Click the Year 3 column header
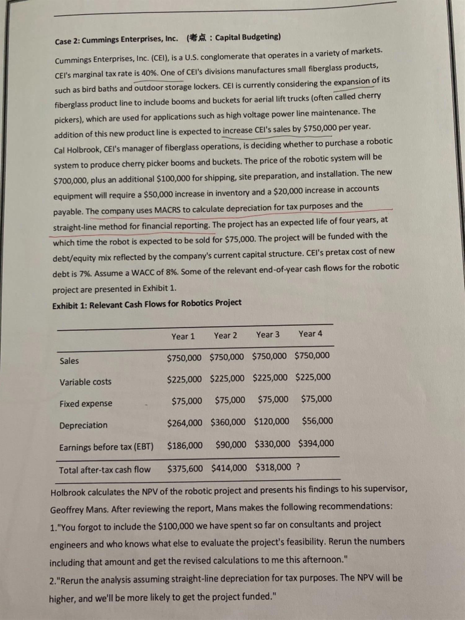(x=268, y=335)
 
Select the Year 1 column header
(x=183, y=336)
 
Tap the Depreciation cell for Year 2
(x=228, y=422)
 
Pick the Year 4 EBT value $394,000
(x=316, y=443)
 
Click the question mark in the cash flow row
(x=298, y=467)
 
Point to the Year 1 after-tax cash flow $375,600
(x=185, y=468)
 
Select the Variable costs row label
(x=85, y=382)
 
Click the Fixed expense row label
(x=86, y=404)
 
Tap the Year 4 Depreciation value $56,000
(x=317, y=421)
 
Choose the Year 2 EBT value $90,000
(x=231, y=445)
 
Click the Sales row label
(x=69, y=361)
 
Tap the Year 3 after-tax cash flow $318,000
(x=273, y=467)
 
